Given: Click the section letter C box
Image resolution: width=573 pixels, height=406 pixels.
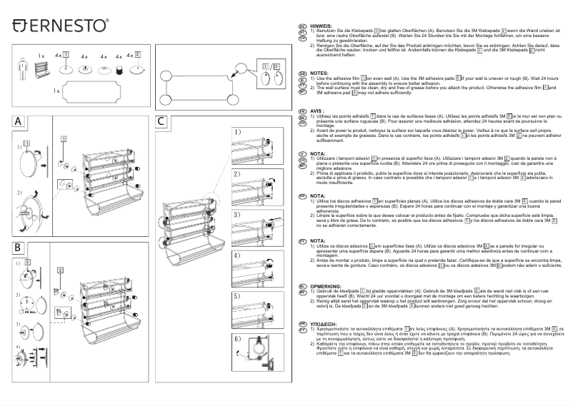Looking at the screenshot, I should pos(163,122).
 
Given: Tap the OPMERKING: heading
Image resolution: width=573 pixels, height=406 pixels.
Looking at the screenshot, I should pos(326,284).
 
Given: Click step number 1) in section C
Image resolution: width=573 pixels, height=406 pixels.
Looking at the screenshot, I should pos(237,132).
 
